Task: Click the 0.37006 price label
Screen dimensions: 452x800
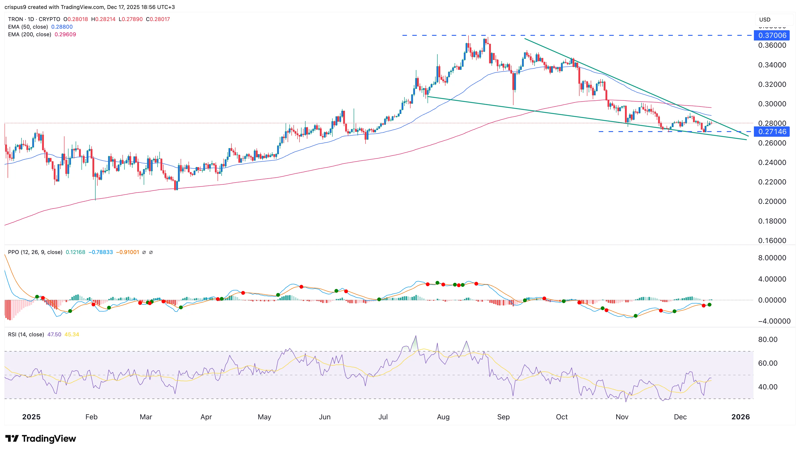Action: [x=772, y=35]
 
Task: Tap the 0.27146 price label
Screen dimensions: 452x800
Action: [x=772, y=132]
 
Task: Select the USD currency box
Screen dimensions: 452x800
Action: [x=765, y=19]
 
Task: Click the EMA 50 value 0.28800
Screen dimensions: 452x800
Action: [x=62, y=27]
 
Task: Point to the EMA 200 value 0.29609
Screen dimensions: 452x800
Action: [x=65, y=34]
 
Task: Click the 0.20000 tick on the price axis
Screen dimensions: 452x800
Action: [x=772, y=201]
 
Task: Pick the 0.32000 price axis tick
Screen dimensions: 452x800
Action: [x=772, y=84]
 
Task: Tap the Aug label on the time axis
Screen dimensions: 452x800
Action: [x=443, y=417]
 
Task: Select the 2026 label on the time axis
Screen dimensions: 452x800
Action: [x=740, y=417]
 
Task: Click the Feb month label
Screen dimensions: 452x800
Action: [x=91, y=417]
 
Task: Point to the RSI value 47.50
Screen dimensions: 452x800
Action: [x=54, y=334]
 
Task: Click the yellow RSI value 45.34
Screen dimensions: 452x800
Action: [x=72, y=334]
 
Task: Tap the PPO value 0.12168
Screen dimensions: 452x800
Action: [x=75, y=252]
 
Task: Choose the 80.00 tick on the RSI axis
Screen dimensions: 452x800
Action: [x=768, y=339]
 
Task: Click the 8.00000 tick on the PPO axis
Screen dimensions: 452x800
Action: [x=772, y=258]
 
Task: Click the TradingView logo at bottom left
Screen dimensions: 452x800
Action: [x=41, y=438]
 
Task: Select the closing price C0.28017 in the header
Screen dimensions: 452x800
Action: [x=158, y=19]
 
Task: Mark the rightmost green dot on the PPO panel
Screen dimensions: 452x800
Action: [x=709, y=305]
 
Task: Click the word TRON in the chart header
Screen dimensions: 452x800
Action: [x=15, y=19]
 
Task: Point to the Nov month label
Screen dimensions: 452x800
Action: [x=622, y=417]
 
